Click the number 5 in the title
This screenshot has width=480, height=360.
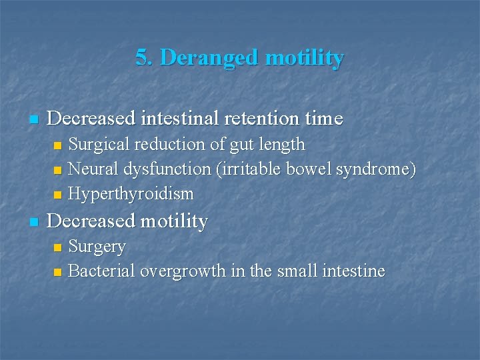(x=141, y=58)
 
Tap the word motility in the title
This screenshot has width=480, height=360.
(x=305, y=58)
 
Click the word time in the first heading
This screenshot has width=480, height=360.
(x=322, y=119)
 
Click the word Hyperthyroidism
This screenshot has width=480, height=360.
(x=131, y=195)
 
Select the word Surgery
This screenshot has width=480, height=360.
(x=97, y=247)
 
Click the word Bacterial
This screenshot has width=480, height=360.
(x=98, y=271)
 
